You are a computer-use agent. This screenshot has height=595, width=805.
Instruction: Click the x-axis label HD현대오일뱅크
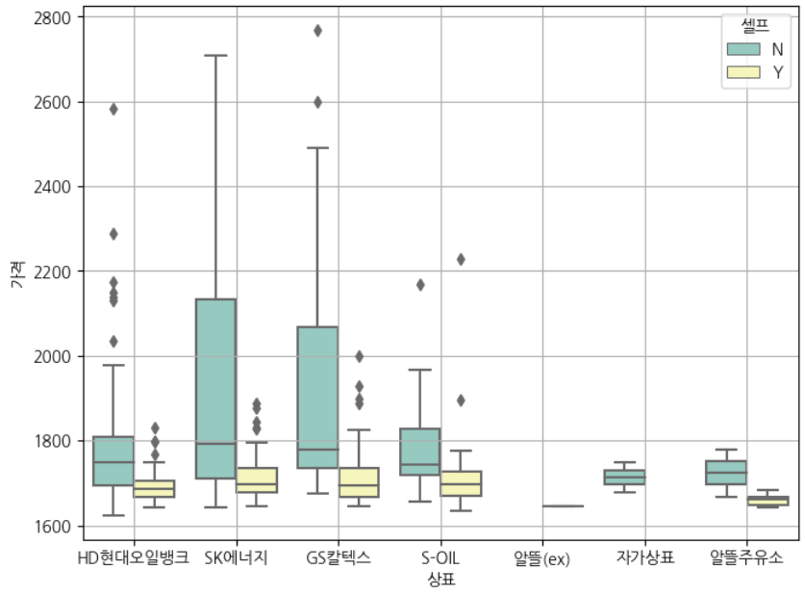tap(133, 558)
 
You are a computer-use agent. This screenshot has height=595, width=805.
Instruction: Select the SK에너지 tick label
tap(236, 558)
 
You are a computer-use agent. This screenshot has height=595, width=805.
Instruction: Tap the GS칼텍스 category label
tap(338, 558)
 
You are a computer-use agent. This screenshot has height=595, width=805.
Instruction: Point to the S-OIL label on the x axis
tap(440, 558)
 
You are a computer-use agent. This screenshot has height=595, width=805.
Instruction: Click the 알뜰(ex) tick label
tap(541, 559)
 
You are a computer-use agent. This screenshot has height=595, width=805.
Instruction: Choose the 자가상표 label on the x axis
tap(644, 558)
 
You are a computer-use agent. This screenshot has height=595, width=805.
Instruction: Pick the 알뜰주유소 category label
tap(745, 558)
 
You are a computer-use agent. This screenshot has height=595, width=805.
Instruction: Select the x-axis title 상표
tap(440, 580)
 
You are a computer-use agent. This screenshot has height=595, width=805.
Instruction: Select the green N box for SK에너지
tap(215, 388)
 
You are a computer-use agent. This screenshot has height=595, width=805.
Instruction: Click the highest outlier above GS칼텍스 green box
tap(317, 31)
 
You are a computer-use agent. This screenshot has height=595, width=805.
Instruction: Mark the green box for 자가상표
tap(624, 477)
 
